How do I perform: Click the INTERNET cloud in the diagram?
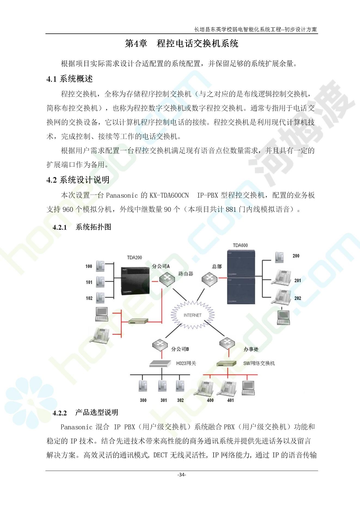click(x=192, y=315)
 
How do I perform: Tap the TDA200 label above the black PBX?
click(x=134, y=257)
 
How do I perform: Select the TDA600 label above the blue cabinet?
click(x=240, y=245)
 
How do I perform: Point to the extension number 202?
click(x=298, y=298)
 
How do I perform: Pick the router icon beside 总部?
click(x=210, y=278)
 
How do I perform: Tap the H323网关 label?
click(x=186, y=363)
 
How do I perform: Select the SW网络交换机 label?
click(x=259, y=363)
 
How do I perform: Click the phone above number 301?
click(x=163, y=386)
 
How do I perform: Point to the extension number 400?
click(x=210, y=400)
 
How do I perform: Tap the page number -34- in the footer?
click(x=181, y=475)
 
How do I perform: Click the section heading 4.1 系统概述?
click(x=70, y=79)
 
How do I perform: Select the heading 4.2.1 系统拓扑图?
click(x=82, y=227)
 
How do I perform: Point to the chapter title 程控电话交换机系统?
click(x=198, y=44)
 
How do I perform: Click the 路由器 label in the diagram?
click(x=186, y=274)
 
